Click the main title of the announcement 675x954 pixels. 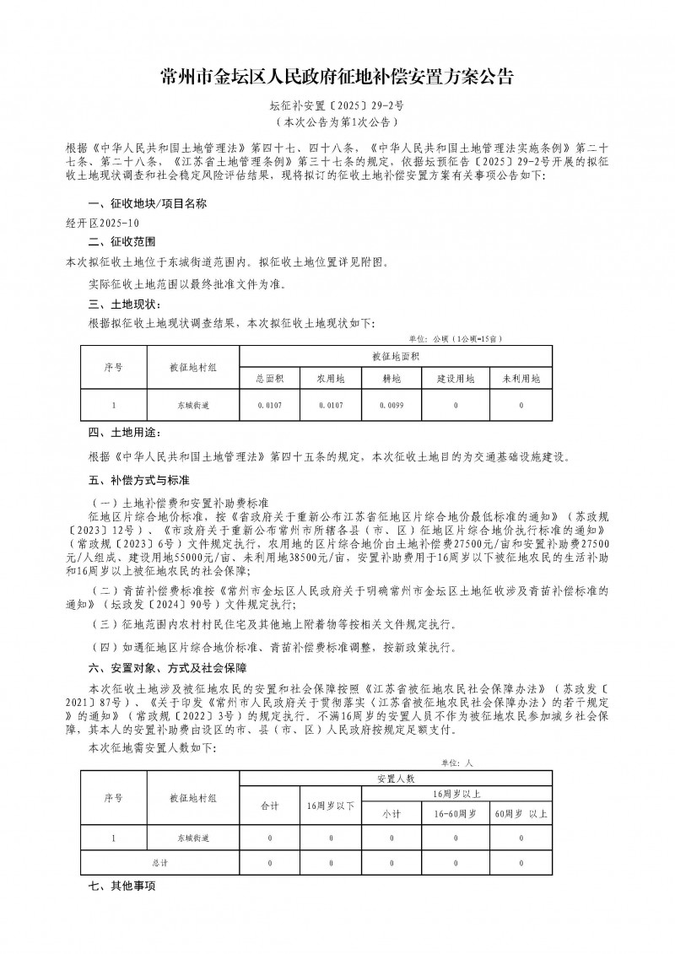337,78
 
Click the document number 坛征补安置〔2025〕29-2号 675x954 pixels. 337,108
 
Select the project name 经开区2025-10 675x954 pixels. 102,224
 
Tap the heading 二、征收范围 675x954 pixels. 119,242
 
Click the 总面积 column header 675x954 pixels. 270,379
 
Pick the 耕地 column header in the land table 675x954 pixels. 391,379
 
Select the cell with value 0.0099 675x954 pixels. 391,407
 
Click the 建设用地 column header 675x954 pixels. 456,379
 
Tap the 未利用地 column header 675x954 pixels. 521,379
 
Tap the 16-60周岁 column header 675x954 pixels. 456,815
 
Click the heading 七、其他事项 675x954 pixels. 123,887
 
